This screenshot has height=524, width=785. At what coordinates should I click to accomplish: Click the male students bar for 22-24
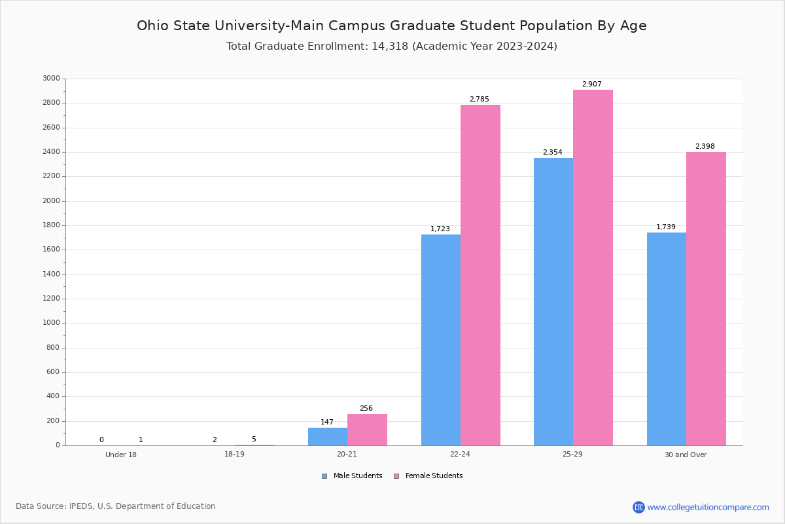[441, 340]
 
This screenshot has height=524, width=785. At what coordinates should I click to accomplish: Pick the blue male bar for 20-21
[328, 436]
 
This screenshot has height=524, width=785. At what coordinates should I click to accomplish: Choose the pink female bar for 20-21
[367, 430]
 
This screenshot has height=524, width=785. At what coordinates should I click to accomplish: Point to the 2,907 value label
[592, 84]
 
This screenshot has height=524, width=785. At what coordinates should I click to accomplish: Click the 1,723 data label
[440, 229]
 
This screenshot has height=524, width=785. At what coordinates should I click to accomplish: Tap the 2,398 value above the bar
[705, 147]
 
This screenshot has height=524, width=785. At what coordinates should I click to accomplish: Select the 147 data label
[327, 422]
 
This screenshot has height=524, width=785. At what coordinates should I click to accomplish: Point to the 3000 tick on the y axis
[51, 79]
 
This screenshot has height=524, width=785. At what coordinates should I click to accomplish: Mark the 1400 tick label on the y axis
[51, 274]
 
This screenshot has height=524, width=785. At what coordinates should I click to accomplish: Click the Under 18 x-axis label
[121, 455]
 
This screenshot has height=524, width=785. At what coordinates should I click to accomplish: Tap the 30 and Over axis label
[686, 455]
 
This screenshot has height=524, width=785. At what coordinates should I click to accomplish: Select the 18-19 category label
[234, 455]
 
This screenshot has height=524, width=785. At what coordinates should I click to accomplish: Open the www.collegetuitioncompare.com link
[708, 507]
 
